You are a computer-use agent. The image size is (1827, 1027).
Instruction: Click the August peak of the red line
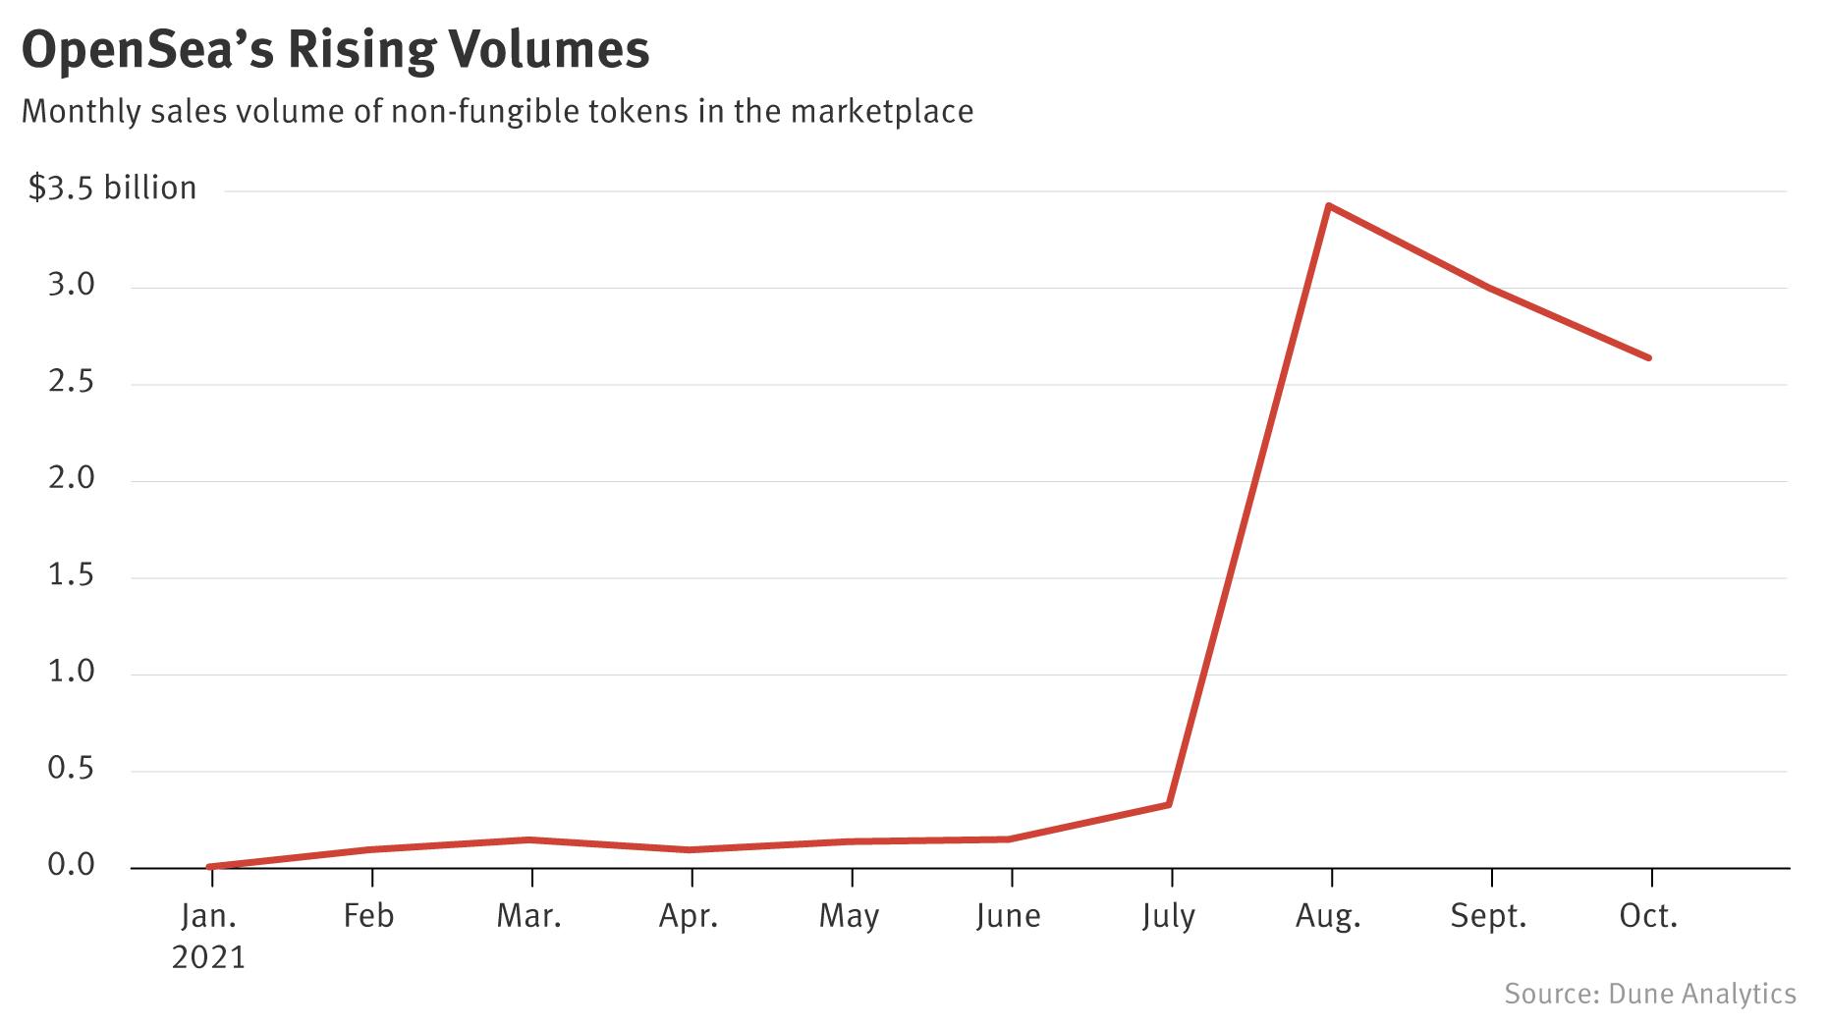(x=1328, y=206)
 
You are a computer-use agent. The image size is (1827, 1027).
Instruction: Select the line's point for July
(x=1169, y=804)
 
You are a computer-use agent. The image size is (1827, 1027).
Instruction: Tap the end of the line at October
(x=1648, y=357)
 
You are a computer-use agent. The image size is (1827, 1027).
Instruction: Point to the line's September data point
(x=1490, y=288)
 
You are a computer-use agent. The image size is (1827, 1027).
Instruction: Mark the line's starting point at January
(x=210, y=867)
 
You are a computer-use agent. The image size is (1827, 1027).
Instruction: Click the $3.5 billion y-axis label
(x=112, y=189)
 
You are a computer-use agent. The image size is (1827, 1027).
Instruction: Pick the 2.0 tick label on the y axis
(x=72, y=478)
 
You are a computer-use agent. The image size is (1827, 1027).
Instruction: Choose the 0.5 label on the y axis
(x=72, y=768)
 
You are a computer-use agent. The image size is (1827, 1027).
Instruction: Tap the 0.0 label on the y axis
(x=72, y=865)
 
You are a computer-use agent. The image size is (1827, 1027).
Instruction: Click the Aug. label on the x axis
(x=1328, y=917)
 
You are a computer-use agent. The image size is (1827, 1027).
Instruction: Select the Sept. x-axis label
(x=1488, y=917)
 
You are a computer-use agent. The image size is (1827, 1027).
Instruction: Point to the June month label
(x=1008, y=917)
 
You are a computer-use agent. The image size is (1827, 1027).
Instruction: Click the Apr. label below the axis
(x=689, y=917)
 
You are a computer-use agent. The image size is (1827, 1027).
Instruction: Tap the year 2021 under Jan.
(x=208, y=957)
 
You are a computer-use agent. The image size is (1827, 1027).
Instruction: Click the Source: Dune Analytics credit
(x=1649, y=994)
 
